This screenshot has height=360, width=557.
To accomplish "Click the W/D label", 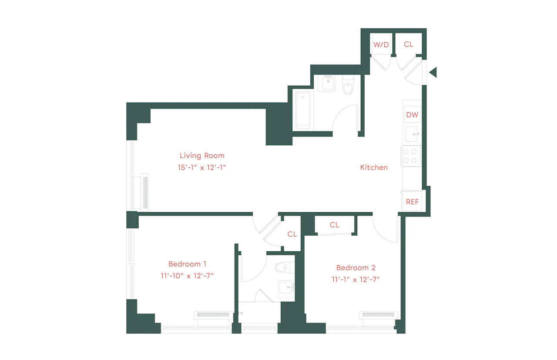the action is (381, 45).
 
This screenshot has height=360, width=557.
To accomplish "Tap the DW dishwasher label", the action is (412, 115).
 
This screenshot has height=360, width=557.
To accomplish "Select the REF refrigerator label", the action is (412, 202).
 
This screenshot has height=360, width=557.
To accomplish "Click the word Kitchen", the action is (374, 167).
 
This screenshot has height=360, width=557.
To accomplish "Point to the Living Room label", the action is (202, 156).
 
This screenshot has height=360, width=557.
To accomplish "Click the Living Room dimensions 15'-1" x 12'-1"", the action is (201, 167).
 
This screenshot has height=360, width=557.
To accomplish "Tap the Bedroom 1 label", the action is (187, 264).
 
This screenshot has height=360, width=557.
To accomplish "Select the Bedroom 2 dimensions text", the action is (356, 280).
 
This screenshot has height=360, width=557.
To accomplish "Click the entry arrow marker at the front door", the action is (433, 72).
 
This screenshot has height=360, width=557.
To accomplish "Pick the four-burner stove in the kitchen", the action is (410, 156).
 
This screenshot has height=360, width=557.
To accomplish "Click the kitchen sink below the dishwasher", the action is (412, 134).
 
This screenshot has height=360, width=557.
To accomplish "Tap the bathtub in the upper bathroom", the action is (303, 110).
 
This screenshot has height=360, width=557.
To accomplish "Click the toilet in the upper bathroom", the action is (348, 85).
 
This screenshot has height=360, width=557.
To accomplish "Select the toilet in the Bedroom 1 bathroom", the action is (285, 267).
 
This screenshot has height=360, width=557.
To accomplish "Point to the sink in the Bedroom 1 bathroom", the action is (286, 287).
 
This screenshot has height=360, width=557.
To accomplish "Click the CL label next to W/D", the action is (408, 44).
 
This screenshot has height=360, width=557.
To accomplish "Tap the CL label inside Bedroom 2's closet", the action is (334, 225).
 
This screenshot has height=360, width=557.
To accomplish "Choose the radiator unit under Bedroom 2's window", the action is (378, 315).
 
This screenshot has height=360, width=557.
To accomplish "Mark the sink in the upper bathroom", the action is (328, 83).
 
